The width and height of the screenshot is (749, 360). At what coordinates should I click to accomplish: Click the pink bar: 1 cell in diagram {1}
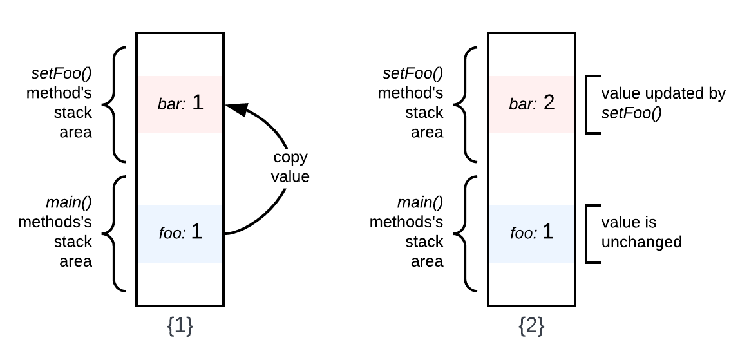[x=180, y=104]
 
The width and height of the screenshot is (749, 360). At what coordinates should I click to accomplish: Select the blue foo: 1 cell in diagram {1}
[x=180, y=233]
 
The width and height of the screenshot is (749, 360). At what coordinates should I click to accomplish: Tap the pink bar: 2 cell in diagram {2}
[x=531, y=104]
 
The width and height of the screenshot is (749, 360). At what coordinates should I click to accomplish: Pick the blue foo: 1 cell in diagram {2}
[x=531, y=233]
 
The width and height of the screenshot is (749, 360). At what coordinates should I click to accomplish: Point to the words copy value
[x=289, y=167]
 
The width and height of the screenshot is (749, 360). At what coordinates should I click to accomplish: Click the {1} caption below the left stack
[x=180, y=327]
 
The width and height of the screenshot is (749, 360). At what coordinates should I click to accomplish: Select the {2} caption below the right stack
[x=531, y=327]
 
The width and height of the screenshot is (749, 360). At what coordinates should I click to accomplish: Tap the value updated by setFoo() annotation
[x=663, y=104]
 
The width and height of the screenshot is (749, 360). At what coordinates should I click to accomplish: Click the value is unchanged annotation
[x=641, y=232]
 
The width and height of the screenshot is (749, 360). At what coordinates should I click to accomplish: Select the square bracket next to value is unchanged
[x=591, y=233]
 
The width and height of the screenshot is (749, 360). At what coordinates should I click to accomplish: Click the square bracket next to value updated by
[x=591, y=104]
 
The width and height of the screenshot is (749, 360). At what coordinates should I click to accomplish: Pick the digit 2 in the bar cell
[x=549, y=104]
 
